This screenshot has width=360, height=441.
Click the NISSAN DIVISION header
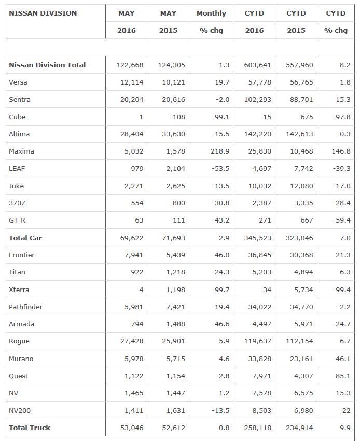[x=43, y=13]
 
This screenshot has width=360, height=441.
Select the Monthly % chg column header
[x=211, y=21]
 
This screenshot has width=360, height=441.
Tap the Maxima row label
[x=21, y=151]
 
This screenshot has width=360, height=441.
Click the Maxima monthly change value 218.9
[x=220, y=151]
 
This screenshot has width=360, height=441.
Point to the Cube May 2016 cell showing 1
[x=141, y=117]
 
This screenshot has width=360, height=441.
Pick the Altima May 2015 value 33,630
[x=174, y=134]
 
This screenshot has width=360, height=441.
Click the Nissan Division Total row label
[x=47, y=65]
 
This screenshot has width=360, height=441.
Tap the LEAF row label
[x=17, y=169]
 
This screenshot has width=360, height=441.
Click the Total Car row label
[x=25, y=238]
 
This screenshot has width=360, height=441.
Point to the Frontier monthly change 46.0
[x=222, y=255]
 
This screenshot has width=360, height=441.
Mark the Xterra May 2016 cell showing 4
[x=141, y=290]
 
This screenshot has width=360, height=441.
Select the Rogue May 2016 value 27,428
[x=131, y=341]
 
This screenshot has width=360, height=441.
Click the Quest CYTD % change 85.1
[x=343, y=376]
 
